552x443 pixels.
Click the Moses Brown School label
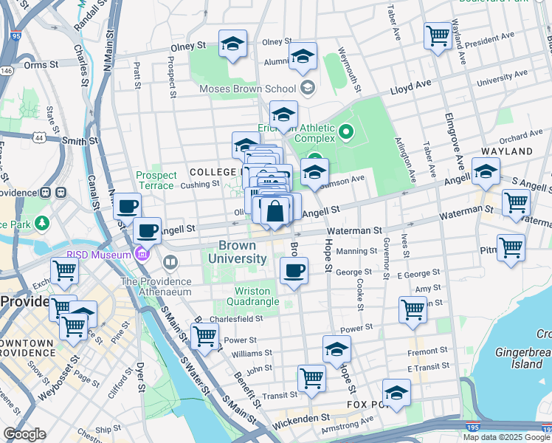(x=247, y=89)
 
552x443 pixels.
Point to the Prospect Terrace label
(x=156, y=180)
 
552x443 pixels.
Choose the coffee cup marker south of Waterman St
(x=294, y=270)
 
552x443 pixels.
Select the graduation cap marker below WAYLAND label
(x=486, y=174)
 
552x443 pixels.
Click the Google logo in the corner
(x=24, y=434)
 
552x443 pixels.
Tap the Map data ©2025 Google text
(x=506, y=437)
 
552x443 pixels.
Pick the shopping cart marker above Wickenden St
(x=311, y=379)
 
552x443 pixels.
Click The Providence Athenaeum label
(x=156, y=282)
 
